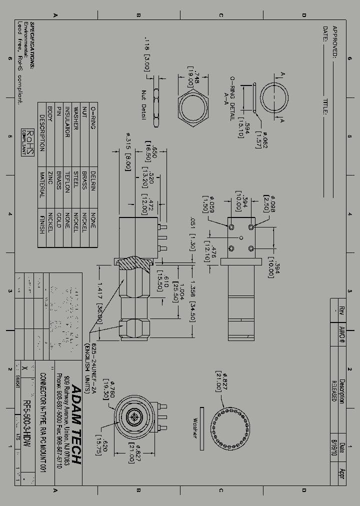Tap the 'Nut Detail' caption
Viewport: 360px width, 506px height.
pos(143,105)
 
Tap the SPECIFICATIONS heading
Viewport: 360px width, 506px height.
pos(33,45)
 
